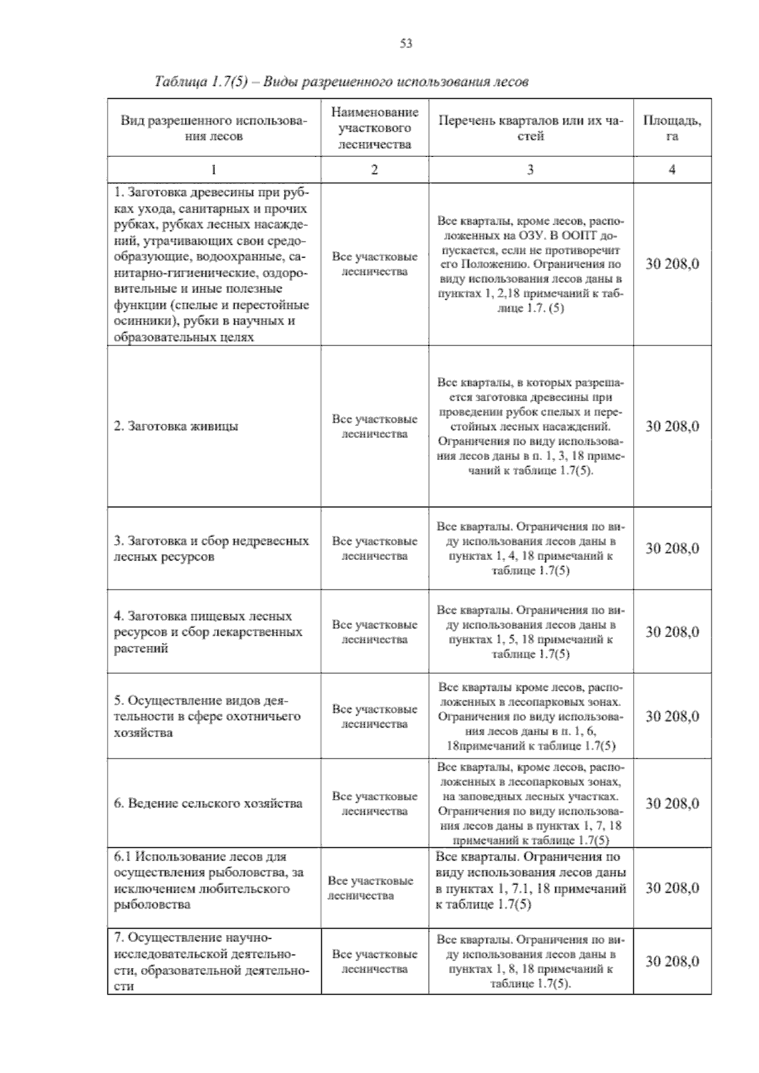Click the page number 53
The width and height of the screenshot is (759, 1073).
406,43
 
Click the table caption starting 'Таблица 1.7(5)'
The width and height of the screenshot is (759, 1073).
342,82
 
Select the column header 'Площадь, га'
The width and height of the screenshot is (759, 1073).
672,128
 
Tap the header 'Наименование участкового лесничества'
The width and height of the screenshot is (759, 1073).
374,128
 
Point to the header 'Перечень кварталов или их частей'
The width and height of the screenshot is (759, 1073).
530,128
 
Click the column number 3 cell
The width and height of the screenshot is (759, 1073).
530,170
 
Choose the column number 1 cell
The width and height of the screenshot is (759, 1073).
214,170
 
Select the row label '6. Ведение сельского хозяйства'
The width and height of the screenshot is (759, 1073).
208,803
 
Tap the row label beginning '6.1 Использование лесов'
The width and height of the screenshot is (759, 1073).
209,880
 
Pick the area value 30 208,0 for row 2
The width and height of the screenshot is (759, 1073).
672,426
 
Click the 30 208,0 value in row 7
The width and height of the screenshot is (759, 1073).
672,962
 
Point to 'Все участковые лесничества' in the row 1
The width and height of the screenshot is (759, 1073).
374,264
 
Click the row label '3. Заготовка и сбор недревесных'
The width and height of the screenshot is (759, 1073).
211,549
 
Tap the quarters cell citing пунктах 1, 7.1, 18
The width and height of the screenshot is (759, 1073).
530,880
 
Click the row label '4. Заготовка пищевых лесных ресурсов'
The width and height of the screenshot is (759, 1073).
207,631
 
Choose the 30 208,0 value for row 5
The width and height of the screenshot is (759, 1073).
672,716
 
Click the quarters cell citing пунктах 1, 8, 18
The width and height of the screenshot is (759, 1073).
530,962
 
